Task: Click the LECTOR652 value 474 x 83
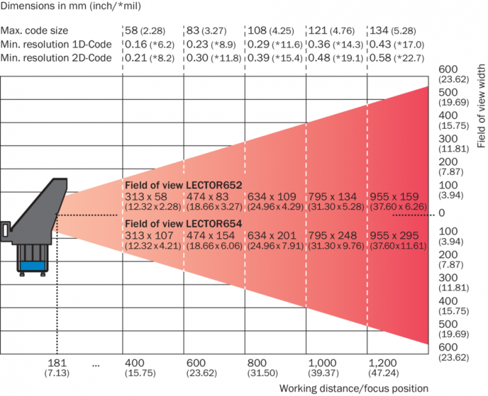(x=208, y=197)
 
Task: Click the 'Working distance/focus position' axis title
(x=353, y=388)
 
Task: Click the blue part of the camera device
(x=32, y=265)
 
